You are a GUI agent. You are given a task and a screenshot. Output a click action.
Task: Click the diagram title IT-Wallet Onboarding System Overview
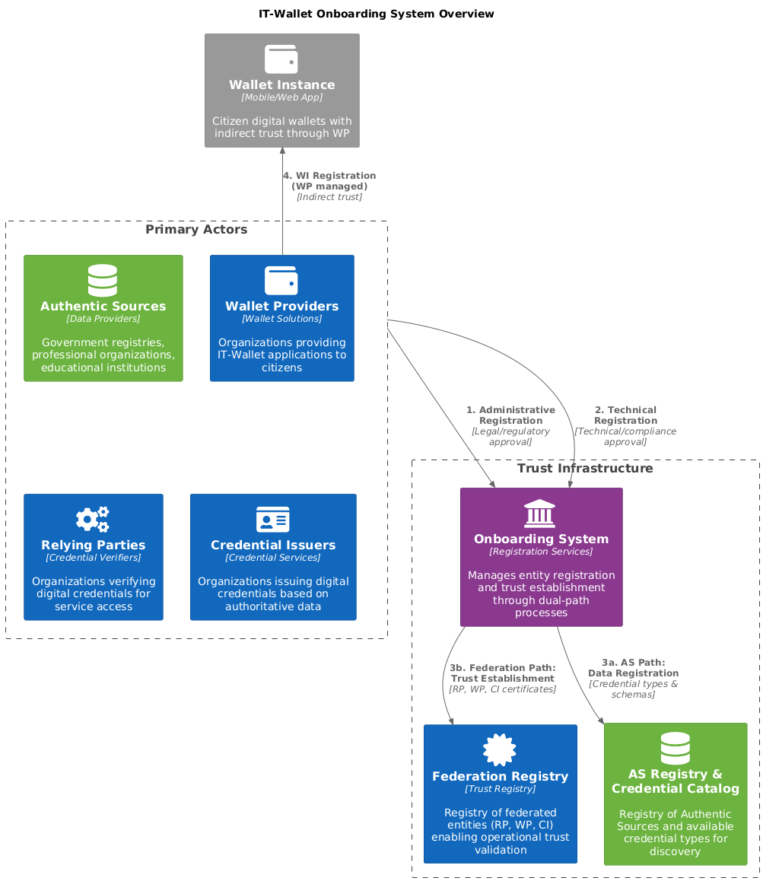376,14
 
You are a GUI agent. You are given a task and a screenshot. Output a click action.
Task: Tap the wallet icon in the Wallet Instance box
281,59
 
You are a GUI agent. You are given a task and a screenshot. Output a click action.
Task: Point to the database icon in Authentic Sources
103,280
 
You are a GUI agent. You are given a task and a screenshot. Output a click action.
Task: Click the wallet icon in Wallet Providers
281,280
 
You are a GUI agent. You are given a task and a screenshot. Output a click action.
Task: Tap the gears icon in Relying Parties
93,519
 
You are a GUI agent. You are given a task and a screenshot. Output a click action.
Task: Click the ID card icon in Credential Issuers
273,519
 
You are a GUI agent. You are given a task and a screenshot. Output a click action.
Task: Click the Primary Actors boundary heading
196,230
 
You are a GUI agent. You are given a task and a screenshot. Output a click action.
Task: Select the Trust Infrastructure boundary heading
585,469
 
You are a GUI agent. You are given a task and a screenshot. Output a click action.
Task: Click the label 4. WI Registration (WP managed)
329,181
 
